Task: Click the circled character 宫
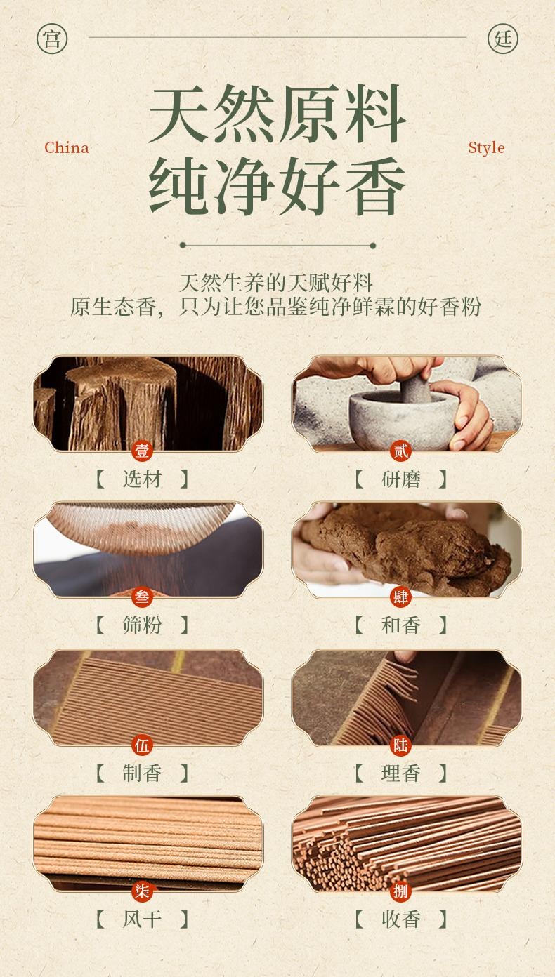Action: pyautogui.click(x=52, y=38)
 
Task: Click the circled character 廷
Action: pyautogui.click(x=503, y=38)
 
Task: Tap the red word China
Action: pyautogui.click(x=67, y=147)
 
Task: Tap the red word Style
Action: pyautogui.click(x=486, y=147)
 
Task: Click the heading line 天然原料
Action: pyautogui.click(x=277, y=114)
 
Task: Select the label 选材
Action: pyautogui.click(x=143, y=479)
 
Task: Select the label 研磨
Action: pyautogui.click(x=401, y=479)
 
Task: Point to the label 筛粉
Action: pyautogui.click(x=143, y=625)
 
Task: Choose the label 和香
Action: pyautogui.click(x=401, y=625)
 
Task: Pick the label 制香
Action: pyautogui.click(x=143, y=773)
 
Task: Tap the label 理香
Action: pyautogui.click(x=401, y=773)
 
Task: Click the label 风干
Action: pyautogui.click(x=143, y=919)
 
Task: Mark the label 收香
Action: pyautogui.click(x=401, y=919)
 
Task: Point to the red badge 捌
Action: pyautogui.click(x=401, y=891)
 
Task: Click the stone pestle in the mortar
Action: pyautogui.click(x=414, y=385)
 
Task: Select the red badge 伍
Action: pyautogui.click(x=143, y=745)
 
